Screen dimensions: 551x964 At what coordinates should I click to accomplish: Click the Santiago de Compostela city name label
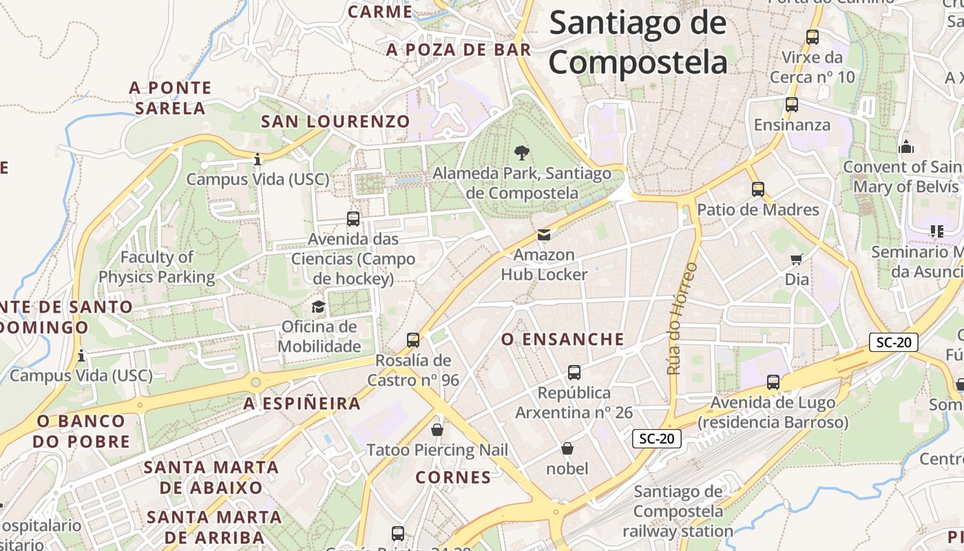point(638,43)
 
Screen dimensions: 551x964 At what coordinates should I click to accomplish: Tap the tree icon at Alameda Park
point(522,153)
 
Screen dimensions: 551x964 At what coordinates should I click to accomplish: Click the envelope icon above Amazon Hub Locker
point(544,235)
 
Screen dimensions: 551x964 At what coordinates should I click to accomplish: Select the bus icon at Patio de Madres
point(758,189)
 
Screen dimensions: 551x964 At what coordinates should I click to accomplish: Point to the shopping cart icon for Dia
point(797,259)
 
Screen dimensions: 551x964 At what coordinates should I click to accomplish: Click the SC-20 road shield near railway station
point(656,439)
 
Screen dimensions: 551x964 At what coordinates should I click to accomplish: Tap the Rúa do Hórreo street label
point(682,318)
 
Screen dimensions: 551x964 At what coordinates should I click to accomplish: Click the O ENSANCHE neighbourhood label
point(563,339)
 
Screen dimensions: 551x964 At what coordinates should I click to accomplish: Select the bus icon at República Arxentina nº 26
point(574,373)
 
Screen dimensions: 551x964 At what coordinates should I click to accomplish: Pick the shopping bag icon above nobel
point(567,448)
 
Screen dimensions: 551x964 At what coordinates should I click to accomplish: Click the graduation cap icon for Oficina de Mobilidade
point(318,306)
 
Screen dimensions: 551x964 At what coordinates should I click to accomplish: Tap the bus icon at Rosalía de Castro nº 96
point(413,340)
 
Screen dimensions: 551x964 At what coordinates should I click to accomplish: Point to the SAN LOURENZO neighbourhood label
point(335,122)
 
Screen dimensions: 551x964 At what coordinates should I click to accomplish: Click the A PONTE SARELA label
point(170,98)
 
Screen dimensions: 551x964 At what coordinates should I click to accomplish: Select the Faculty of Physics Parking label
point(157,267)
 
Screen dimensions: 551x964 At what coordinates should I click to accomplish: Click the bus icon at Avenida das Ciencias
point(353,219)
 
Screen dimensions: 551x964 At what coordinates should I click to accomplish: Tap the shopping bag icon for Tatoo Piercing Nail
point(437,430)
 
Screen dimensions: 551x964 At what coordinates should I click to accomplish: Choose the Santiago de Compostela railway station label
point(678,511)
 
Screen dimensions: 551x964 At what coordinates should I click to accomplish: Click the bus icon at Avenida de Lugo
point(773,382)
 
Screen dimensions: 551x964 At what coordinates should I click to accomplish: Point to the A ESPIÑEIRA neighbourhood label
point(302,404)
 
